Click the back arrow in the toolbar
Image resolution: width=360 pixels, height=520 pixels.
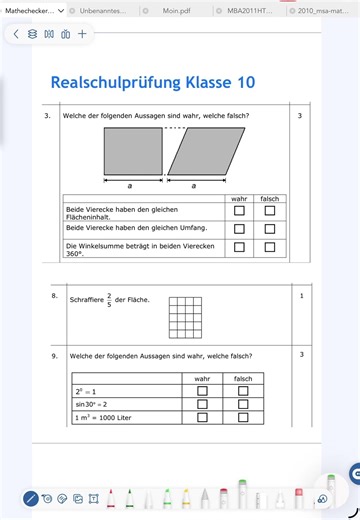click(x=16, y=34)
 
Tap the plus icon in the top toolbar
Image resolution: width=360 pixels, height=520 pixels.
click(x=82, y=34)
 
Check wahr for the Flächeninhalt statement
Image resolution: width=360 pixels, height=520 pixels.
click(x=239, y=211)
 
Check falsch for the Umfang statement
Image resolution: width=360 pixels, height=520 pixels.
click(x=269, y=228)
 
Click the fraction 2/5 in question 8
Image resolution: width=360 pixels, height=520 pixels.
click(x=108, y=298)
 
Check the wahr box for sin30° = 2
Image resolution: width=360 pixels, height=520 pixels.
click(x=202, y=404)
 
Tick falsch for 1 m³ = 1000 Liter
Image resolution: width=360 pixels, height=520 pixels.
click(x=243, y=417)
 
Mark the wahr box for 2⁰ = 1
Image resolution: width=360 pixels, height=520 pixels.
click(x=202, y=391)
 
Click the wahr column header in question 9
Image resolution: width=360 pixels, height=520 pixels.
click(x=202, y=378)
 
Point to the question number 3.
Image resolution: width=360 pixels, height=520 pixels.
click(x=47, y=115)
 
